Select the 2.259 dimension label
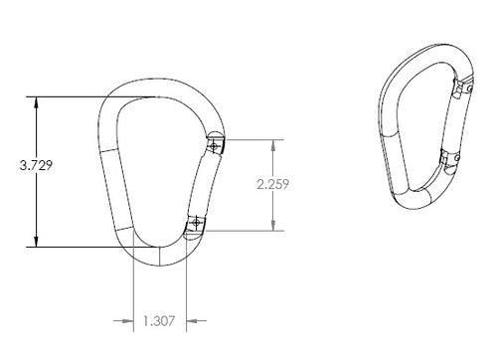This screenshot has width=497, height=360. (x=272, y=184)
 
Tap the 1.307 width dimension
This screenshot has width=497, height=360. (x=160, y=320)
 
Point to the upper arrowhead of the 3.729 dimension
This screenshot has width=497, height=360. (x=37, y=100)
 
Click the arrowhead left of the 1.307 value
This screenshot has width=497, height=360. (x=127, y=320)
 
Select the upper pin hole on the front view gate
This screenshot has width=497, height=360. (x=215, y=144)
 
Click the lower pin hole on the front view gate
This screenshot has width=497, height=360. (x=196, y=223)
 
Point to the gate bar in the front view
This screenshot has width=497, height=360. (x=207, y=184)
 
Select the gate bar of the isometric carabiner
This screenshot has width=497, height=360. (x=454, y=123)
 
